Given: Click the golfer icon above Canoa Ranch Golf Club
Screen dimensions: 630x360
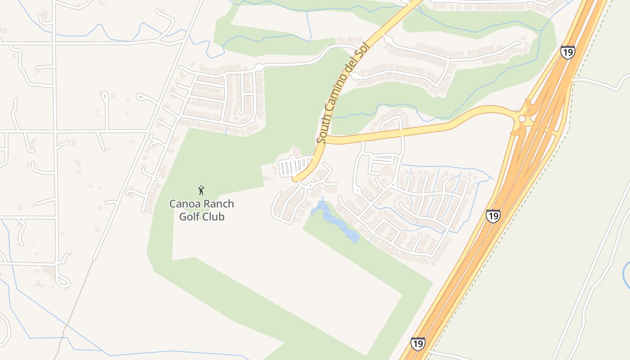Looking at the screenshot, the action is pos(201,190).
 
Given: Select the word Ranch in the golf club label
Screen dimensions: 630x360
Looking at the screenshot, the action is pos(218,204).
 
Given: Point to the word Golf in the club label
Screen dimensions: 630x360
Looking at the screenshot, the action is pos(189,216).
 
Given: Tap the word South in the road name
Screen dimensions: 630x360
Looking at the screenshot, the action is pos(323,130).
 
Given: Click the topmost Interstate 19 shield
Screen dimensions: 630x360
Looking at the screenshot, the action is pos(567,52).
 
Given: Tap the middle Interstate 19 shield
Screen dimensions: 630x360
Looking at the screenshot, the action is pos(493,216).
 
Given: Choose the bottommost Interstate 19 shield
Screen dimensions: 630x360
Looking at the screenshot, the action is pos(418,344).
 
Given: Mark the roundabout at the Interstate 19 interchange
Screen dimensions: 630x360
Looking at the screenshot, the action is pos(522,119).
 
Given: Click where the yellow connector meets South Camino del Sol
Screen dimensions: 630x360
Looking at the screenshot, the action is pos(325,139).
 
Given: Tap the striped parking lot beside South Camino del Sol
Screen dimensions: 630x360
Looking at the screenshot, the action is pos(294,167).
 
